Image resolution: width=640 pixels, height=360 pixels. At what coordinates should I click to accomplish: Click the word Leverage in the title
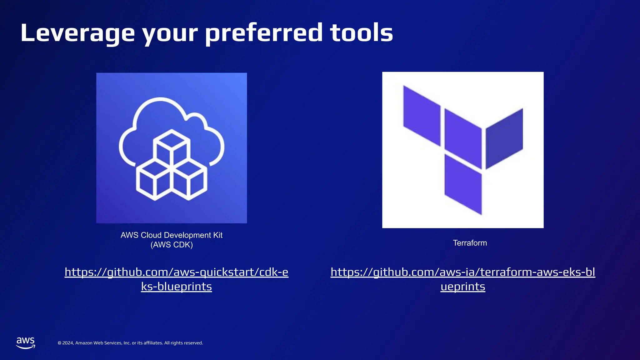click(x=77, y=33)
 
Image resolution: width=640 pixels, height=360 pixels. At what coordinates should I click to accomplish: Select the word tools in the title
click(x=362, y=33)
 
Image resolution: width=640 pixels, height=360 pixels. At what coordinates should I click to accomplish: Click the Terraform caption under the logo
click(x=470, y=243)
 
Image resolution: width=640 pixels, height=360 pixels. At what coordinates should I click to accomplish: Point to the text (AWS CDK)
click(x=172, y=245)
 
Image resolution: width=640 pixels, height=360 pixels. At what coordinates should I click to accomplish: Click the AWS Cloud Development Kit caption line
click(x=172, y=235)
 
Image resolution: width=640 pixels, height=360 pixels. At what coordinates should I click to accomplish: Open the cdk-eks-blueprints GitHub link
click(x=176, y=272)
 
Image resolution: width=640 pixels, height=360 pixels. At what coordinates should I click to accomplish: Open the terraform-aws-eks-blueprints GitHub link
click(x=463, y=272)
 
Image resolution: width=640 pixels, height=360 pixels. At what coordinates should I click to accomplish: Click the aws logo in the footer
click(x=26, y=343)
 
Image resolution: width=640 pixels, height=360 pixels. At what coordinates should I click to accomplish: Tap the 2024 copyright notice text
click(x=130, y=343)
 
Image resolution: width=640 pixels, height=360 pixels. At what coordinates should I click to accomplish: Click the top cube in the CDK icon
click(x=172, y=147)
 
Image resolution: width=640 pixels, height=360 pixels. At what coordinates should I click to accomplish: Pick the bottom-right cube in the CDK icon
click(x=189, y=181)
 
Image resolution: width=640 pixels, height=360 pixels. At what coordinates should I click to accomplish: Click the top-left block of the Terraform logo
click(x=422, y=116)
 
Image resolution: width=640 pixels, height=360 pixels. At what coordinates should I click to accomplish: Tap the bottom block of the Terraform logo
click(x=463, y=184)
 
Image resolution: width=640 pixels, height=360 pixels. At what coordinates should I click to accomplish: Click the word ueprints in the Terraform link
click(x=463, y=287)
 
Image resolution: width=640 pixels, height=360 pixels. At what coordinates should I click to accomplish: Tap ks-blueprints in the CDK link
click(x=176, y=287)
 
